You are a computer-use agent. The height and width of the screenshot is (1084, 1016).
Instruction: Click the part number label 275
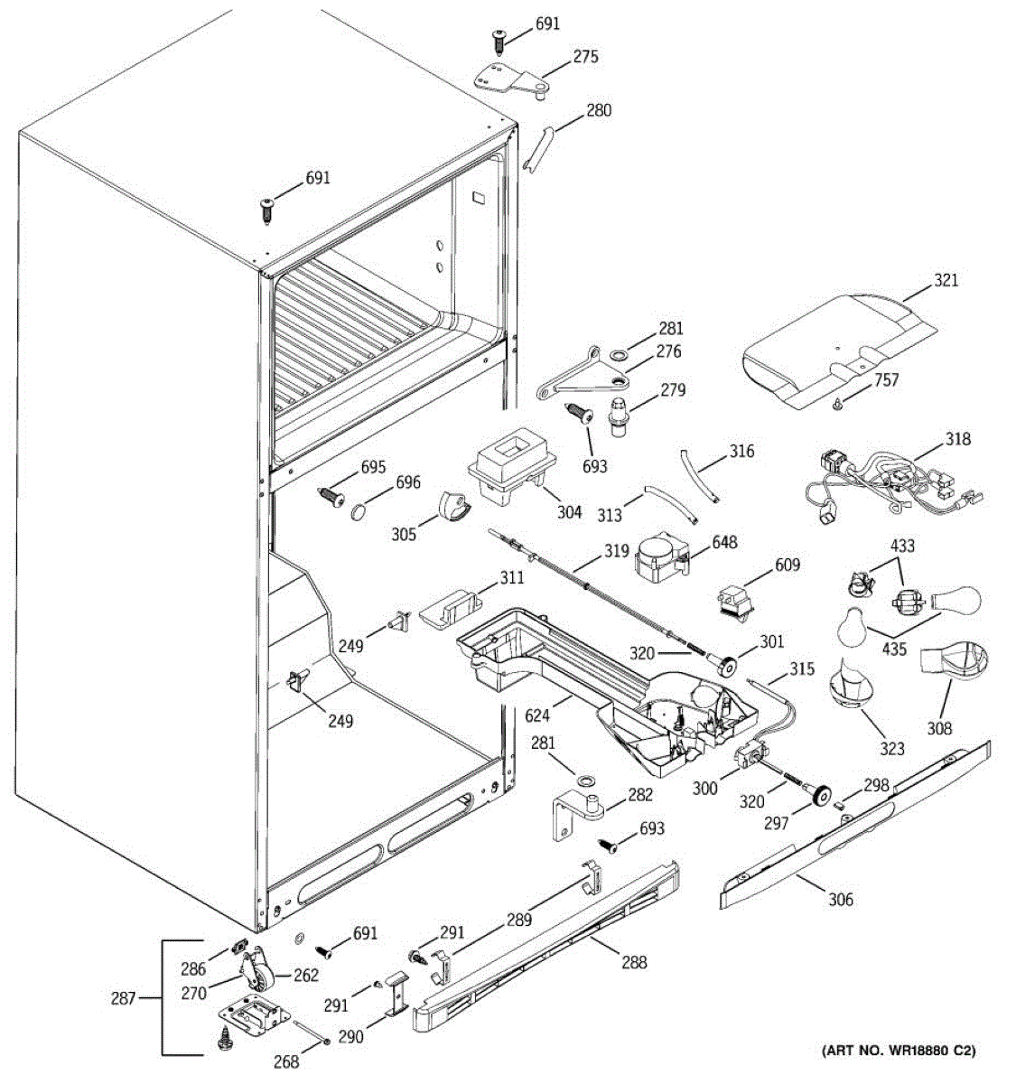(585, 58)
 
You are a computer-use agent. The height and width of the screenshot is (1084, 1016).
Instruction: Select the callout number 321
(946, 281)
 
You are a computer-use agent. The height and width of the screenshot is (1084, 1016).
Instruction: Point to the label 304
(569, 512)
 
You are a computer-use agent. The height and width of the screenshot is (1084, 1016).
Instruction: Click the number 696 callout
(407, 483)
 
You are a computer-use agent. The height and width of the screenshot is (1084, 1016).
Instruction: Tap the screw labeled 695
(332, 494)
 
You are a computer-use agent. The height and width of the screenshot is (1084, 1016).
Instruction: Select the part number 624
(537, 716)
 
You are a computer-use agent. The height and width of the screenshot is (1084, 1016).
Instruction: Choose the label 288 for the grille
(634, 962)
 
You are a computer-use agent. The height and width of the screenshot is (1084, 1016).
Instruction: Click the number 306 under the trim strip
(840, 899)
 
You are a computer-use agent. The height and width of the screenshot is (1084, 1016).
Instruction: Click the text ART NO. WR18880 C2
(899, 1051)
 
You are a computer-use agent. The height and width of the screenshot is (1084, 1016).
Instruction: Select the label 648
(724, 542)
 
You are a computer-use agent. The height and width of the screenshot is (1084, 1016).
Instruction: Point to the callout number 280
(598, 111)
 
